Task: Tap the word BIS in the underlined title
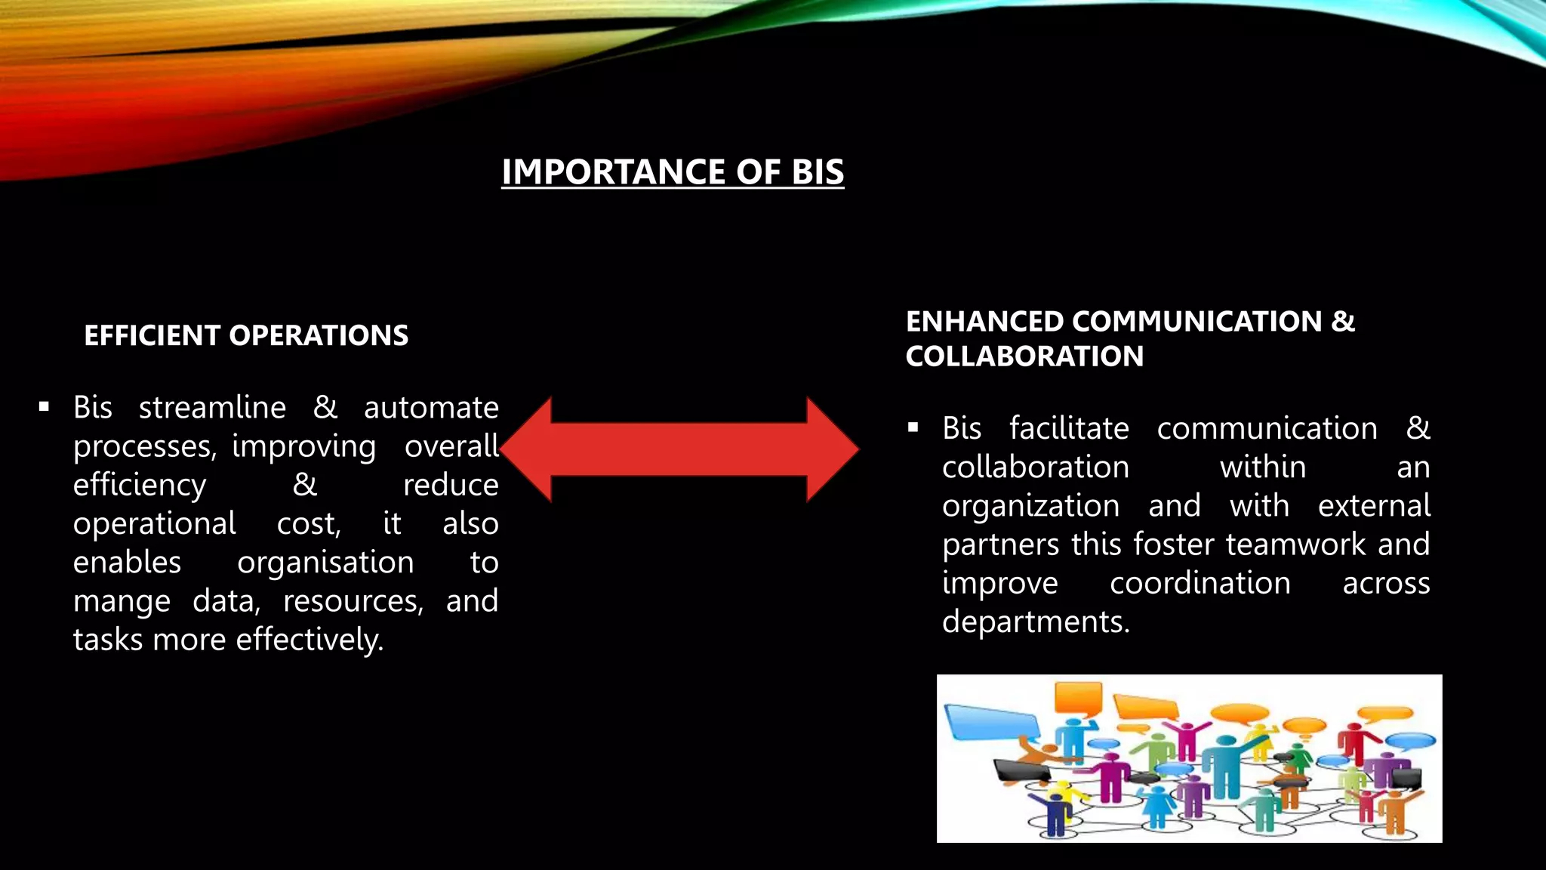[x=818, y=172]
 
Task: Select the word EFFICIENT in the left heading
[x=151, y=335]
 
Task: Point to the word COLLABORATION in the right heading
[x=1024, y=356]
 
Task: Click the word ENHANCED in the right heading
[x=984, y=322]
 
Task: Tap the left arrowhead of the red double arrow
[x=528, y=449]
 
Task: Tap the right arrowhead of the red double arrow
[x=830, y=449]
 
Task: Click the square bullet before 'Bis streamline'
[x=44, y=407]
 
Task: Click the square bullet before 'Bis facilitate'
[x=913, y=428]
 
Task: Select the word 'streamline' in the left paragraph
[x=212, y=408]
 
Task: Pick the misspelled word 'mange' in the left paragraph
[x=122, y=602]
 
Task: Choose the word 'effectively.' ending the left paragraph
[x=310, y=640]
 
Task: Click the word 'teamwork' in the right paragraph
[x=1295, y=545]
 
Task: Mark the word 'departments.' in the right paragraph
[x=1036, y=622]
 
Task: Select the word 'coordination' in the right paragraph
[x=1200, y=583]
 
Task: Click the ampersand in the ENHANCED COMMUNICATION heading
[x=1343, y=322]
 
